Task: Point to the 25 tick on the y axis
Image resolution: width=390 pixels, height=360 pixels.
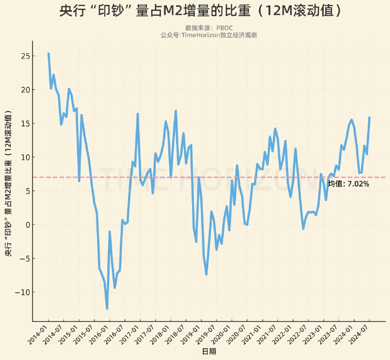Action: click(23, 56)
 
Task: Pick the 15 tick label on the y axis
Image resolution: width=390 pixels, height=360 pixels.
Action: click(23, 123)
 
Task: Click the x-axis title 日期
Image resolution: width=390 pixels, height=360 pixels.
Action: click(209, 351)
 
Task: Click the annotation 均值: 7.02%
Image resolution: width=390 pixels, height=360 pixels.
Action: click(349, 184)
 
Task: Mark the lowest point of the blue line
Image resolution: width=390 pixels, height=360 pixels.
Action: click(107, 308)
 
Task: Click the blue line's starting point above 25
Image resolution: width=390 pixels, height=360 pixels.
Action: click(48, 53)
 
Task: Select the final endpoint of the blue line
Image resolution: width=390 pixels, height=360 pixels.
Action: click(370, 117)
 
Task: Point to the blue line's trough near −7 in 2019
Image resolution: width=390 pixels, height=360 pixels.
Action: click(206, 274)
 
